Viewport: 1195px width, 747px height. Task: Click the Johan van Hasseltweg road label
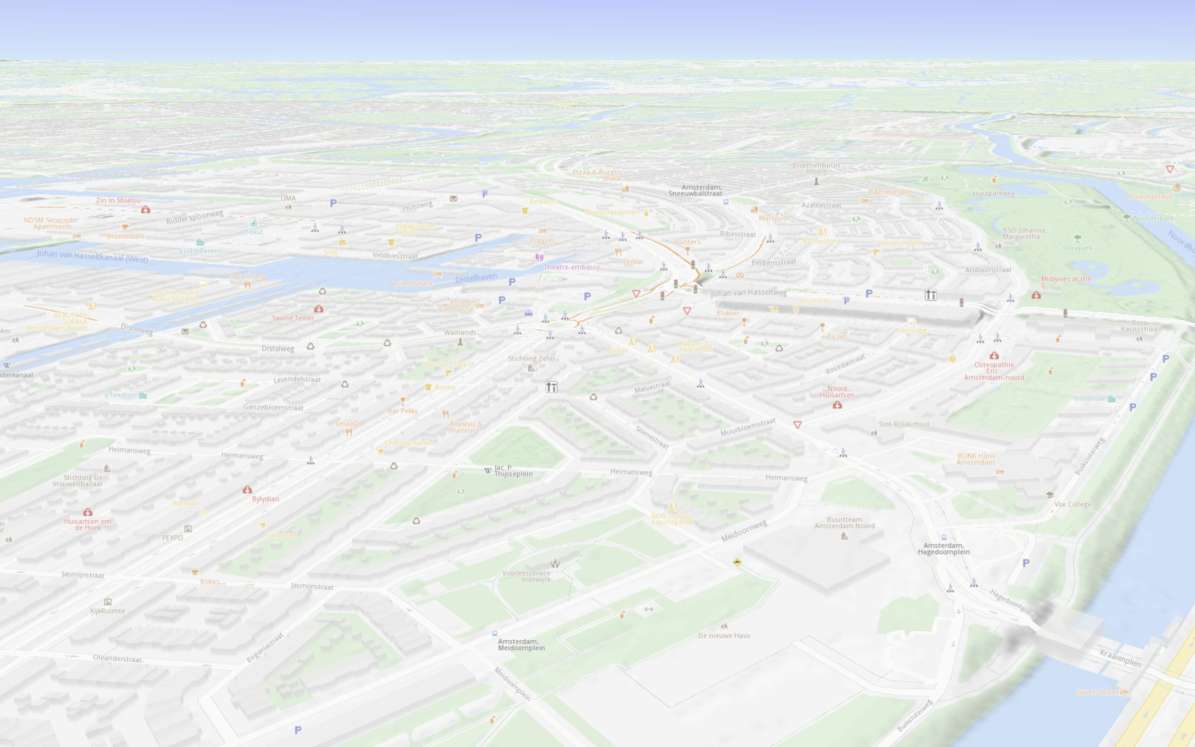748,293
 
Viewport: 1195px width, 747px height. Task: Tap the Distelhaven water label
476,278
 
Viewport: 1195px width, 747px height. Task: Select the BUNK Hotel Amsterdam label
976,459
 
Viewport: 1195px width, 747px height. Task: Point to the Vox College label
1073,504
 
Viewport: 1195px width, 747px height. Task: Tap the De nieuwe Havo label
724,636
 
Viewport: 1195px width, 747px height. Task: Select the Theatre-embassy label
571,267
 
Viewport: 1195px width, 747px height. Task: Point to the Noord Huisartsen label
837,392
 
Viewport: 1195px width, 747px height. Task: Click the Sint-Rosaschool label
904,424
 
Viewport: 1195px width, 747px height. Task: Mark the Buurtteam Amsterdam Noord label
844,523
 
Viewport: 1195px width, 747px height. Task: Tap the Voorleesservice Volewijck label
527,576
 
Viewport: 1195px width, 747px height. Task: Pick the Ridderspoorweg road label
195,217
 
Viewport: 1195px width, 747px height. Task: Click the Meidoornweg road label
744,531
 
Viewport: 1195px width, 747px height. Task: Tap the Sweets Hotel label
1097,692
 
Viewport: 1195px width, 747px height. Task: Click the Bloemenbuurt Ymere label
816,168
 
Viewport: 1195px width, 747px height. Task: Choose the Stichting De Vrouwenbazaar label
78,481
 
